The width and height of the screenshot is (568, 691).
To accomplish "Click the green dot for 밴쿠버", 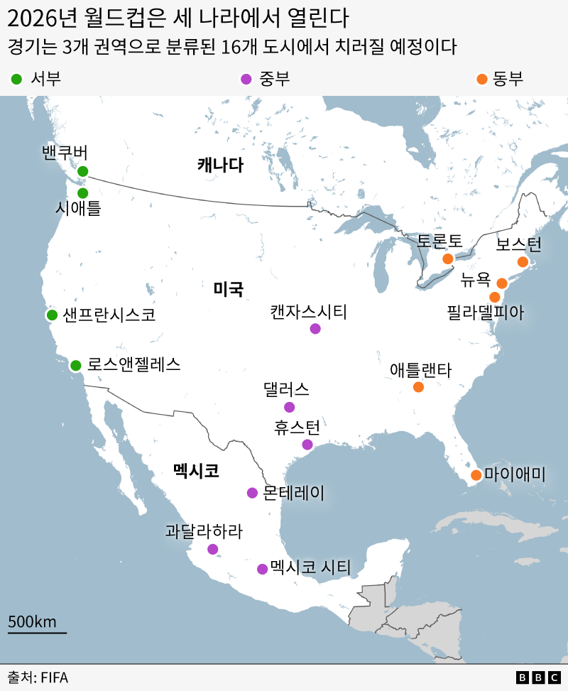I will tap(82, 171).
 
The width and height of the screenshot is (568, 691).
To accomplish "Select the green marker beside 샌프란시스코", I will tap(52, 315).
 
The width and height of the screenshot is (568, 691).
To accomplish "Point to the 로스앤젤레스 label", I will tap(133, 365).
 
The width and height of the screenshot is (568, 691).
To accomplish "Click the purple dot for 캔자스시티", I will tap(315, 329).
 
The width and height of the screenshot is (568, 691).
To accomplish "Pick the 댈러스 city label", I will tap(286, 389).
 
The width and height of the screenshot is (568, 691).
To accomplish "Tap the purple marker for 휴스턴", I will tap(307, 445).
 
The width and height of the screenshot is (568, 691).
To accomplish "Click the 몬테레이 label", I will tap(293, 493).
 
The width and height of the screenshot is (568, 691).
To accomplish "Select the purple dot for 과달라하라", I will tap(213, 549).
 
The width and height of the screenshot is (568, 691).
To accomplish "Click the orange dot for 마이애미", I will tap(476, 475).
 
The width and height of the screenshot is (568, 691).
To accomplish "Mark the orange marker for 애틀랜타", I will tap(418, 387).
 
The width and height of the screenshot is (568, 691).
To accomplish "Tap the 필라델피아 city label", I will tap(486, 312).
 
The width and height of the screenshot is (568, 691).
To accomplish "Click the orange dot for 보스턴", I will tap(523, 262).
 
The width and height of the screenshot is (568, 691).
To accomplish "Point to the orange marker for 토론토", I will tap(448, 259).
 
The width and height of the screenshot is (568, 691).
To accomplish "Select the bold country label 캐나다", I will tap(220, 165).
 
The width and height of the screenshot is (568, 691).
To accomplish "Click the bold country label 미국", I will tap(229, 289).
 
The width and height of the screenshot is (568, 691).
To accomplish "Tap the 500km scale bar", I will tap(37, 631).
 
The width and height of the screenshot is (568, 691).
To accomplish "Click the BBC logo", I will tap(538, 678).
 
